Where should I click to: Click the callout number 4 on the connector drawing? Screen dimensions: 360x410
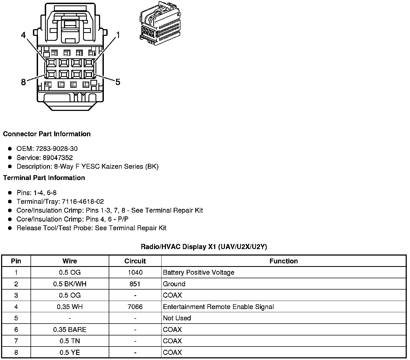(x=23, y=35)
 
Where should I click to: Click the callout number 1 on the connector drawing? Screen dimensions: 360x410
(x=118, y=35)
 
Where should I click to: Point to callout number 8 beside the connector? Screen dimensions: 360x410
(x=23, y=82)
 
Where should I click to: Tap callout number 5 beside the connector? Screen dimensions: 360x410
(x=118, y=82)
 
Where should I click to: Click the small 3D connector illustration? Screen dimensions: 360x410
(x=159, y=23)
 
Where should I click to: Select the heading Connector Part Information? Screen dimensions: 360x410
(x=47, y=134)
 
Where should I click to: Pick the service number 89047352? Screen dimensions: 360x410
(x=58, y=158)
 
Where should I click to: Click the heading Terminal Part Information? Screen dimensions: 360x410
(x=44, y=178)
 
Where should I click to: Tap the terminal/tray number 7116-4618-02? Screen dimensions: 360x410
(x=83, y=202)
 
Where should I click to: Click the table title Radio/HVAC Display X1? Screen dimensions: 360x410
(x=204, y=247)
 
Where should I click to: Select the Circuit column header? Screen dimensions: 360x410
(x=135, y=261)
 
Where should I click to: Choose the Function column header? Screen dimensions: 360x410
(x=283, y=261)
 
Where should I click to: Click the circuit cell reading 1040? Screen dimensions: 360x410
(x=135, y=273)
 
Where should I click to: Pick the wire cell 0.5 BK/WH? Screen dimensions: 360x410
(x=70, y=284)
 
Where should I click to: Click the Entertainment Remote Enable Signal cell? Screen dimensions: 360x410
(x=218, y=307)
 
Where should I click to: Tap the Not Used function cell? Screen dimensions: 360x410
(x=177, y=318)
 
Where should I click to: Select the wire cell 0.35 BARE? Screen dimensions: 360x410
(x=70, y=330)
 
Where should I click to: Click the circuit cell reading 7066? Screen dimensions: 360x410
(x=135, y=307)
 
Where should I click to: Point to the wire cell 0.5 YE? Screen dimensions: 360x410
(x=70, y=352)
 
